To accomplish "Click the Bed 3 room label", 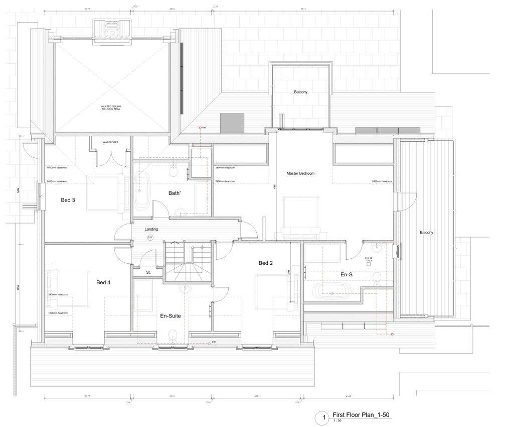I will [68, 200].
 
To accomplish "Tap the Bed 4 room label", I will [103, 283].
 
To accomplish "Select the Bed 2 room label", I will [265, 263].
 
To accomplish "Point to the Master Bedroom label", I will [300, 173].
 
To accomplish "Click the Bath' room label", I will [175, 193].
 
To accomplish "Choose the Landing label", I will [151, 229].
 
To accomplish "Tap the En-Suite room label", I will [170, 316].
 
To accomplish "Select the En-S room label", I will [347, 275].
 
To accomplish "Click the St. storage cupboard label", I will [148, 272].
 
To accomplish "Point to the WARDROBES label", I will [110, 143].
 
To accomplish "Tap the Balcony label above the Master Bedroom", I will [301, 92].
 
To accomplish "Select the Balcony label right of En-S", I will [426, 233].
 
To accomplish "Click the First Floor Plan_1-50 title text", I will [361, 415].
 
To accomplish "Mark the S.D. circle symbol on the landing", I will [150, 237].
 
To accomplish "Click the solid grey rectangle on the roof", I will [232, 121].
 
